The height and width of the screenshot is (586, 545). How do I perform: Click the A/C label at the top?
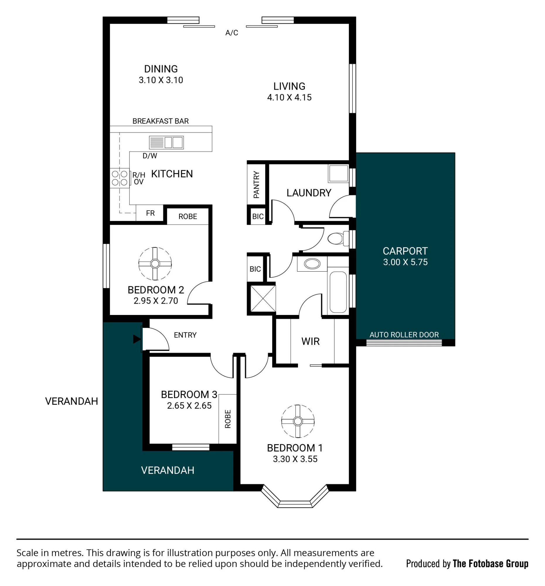[232, 33]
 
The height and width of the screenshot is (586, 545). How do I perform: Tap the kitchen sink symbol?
[166, 142]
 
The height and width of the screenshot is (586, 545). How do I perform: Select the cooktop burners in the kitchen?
[119, 178]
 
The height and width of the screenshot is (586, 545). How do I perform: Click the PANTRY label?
[256, 185]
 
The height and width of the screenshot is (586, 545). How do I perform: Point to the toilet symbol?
[338, 238]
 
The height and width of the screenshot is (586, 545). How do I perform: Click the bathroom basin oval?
[312, 263]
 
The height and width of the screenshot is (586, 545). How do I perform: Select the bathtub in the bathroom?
[338, 292]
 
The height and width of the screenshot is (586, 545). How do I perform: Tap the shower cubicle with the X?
[263, 298]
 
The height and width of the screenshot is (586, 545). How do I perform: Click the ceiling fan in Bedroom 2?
[155, 263]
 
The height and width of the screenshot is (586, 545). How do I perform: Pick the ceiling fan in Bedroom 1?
[298, 421]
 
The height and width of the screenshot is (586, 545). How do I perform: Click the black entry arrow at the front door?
[137, 339]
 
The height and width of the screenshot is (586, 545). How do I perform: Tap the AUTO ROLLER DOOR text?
[404, 335]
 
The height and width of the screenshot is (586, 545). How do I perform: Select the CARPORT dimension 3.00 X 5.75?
[405, 262]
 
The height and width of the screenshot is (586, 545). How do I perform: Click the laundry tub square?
[338, 173]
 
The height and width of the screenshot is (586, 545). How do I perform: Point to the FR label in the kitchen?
[150, 213]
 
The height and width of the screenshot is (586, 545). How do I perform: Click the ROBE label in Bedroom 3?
[228, 419]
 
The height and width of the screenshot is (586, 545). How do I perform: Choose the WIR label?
[310, 341]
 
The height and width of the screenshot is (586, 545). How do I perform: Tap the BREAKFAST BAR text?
[160, 121]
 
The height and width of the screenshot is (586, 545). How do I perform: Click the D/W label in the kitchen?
[150, 156]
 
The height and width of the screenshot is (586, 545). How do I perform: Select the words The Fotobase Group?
[491, 564]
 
